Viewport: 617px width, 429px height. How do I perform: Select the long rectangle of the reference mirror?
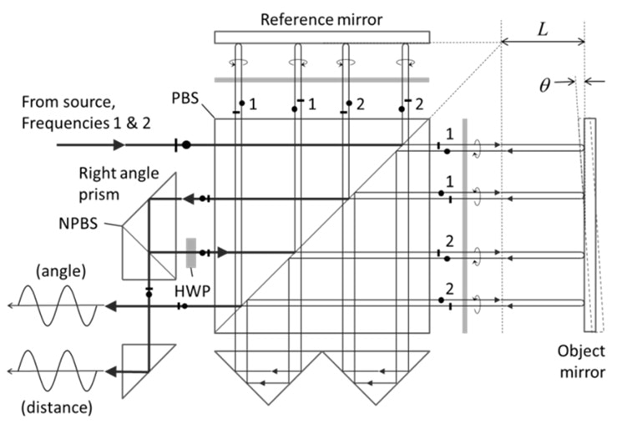click(321, 37)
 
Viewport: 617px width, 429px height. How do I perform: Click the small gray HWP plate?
click(191, 251)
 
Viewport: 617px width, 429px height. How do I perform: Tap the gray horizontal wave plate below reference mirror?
click(321, 80)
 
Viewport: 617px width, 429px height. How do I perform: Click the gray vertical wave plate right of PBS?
click(463, 225)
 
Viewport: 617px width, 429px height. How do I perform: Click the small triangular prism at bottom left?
click(142, 367)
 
